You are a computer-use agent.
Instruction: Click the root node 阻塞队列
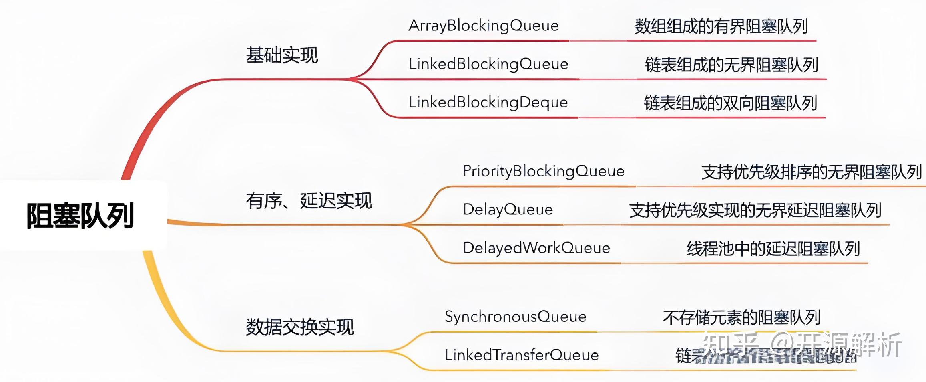coord(80,216)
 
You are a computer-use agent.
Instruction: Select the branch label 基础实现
coord(282,55)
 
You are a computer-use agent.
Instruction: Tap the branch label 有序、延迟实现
coord(309,200)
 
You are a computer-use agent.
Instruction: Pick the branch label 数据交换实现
coord(300,327)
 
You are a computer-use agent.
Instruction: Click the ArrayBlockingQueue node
coord(484,26)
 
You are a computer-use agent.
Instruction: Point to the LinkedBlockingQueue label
coord(488,64)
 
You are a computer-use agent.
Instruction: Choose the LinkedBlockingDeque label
coord(488,103)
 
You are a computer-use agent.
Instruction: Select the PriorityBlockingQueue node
coord(543,172)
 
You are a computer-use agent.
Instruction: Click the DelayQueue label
coord(508,210)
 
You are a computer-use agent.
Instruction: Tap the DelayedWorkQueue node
coord(536,248)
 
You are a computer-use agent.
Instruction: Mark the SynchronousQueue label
coord(515,317)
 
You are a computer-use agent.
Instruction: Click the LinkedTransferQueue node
coord(521,355)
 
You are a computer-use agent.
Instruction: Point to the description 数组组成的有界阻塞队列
coord(721,26)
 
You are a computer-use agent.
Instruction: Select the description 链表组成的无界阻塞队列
coord(731,65)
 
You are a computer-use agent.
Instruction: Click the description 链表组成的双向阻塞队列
coord(730,103)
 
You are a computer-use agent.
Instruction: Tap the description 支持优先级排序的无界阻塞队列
coord(812,172)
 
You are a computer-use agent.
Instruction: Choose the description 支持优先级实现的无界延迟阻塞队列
coord(755,210)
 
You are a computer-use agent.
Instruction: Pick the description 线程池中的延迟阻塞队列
coord(773,249)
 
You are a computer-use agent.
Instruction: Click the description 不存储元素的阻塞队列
coord(741,317)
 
